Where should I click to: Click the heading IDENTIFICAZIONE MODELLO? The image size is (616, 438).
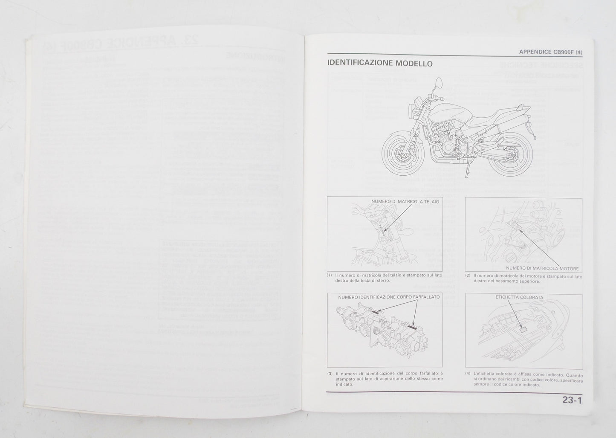pos(380,64)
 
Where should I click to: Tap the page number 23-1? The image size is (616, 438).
pos(572,400)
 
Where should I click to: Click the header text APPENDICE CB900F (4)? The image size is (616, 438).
pos(550,52)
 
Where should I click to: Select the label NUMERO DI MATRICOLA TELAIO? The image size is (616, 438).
pos(405,201)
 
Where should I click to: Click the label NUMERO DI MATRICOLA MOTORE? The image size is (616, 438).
pos(542,268)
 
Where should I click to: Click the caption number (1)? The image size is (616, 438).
pos(329,275)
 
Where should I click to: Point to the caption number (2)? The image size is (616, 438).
pos(468,275)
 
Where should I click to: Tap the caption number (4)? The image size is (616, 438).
pos(468,374)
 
